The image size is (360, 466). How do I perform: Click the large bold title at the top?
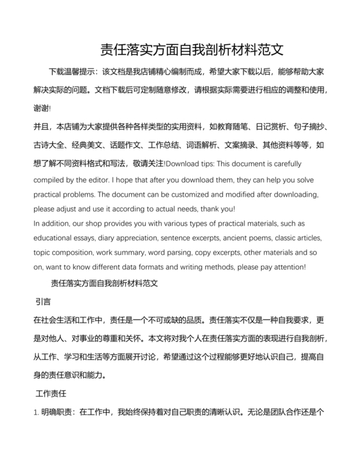click(x=192, y=49)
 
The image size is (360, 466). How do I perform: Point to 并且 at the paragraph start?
click(x=40, y=126)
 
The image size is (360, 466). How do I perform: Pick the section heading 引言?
click(x=44, y=300)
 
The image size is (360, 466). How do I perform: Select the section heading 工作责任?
click(x=52, y=393)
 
